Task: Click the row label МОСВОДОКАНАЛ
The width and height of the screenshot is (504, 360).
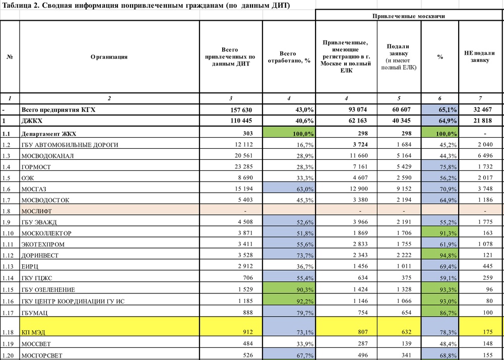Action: coord(47,156)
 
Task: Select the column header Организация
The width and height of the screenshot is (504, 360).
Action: coord(109,57)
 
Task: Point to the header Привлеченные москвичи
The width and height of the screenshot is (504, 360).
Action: coord(409,16)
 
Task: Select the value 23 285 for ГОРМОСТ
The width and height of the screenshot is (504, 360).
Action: coord(247,167)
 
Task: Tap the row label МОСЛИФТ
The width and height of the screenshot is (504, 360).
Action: coord(38,211)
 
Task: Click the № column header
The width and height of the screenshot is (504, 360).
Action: coord(10,57)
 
